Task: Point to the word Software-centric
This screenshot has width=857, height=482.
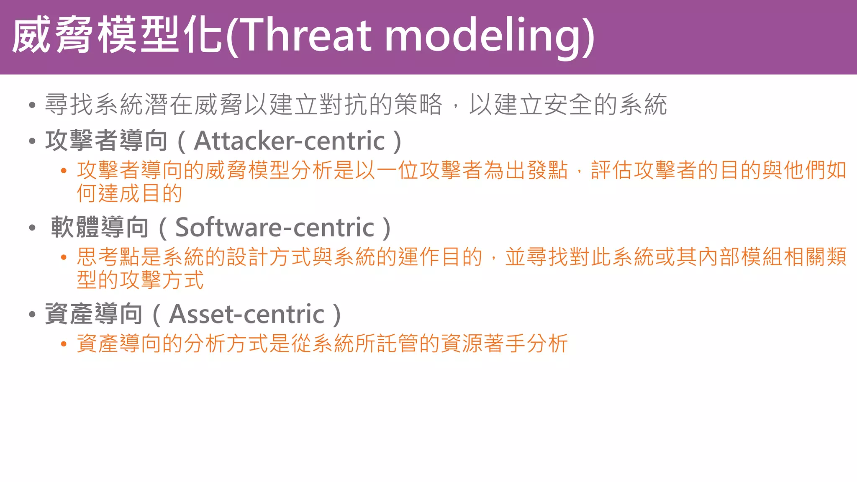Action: coord(275,228)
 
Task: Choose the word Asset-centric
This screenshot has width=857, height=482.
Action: coord(246,314)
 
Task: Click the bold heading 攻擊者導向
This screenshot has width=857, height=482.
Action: coord(106,141)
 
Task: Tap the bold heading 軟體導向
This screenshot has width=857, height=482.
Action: coord(100,228)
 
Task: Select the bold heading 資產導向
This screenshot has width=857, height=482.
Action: coord(94,314)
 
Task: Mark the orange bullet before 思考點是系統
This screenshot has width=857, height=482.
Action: coord(64,257)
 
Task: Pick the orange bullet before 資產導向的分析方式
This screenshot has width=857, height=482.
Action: coord(64,344)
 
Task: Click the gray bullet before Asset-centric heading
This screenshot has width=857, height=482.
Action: coord(32,315)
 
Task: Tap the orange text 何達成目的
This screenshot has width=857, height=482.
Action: coord(129,193)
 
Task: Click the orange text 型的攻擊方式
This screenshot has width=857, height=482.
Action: coord(140,280)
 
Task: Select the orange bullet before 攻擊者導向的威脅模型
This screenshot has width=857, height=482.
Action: coord(64,171)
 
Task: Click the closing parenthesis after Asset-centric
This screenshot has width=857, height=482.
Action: coord(337,315)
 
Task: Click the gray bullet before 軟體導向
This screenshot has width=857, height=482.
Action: coord(32,228)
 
